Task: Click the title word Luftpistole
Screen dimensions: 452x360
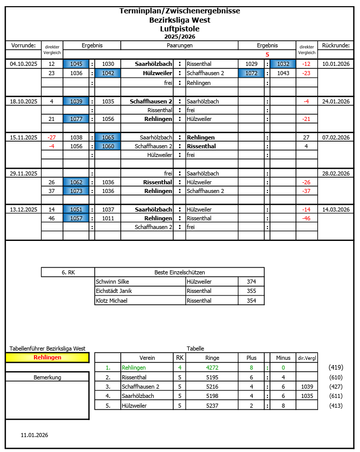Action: (179, 29)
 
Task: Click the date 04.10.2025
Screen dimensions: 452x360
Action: (23, 64)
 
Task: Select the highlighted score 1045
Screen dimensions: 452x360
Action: (76, 64)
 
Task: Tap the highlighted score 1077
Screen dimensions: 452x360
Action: (76, 119)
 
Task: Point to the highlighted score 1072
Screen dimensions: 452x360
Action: (251, 73)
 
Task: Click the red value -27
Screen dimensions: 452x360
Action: (51, 137)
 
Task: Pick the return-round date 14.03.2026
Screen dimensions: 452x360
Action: (336, 210)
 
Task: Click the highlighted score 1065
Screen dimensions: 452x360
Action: (108, 137)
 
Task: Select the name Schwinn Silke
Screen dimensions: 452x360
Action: (113, 282)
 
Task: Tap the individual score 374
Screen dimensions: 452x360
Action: (251, 282)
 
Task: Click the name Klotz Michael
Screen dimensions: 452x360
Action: (112, 300)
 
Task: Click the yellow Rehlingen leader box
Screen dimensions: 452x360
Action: (47, 357)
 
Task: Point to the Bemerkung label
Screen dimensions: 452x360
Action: (47, 377)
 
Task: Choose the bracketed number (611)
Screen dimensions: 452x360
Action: (336, 396)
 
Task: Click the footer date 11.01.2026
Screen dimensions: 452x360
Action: (34, 435)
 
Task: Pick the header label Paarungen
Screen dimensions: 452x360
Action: (179, 45)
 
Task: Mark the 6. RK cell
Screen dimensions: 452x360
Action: (68, 272)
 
